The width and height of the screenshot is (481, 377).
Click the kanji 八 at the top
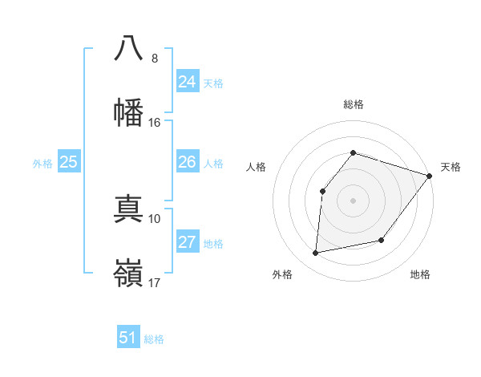point(128,48)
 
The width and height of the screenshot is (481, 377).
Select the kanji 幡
point(128,112)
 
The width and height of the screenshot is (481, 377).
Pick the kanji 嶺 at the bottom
point(128,273)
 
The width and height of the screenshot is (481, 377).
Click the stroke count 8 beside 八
point(155,59)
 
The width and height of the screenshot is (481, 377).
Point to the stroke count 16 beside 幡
point(155,123)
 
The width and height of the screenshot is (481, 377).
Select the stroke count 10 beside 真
point(155,218)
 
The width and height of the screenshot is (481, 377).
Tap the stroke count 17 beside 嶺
point(155,282)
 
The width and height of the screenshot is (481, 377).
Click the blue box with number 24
point(188,81)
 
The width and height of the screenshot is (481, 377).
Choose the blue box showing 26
point(188,162)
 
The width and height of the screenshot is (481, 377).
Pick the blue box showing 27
point(188,242)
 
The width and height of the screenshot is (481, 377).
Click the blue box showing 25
point(68,162)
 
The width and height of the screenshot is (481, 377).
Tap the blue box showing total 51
point(128,338)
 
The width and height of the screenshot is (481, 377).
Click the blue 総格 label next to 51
point(154,339)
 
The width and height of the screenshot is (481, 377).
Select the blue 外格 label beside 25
point(42,164)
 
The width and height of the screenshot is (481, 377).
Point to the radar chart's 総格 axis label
point(353,105)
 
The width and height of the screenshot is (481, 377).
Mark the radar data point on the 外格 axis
point(316,253)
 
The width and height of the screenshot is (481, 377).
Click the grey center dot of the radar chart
point(353,200)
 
